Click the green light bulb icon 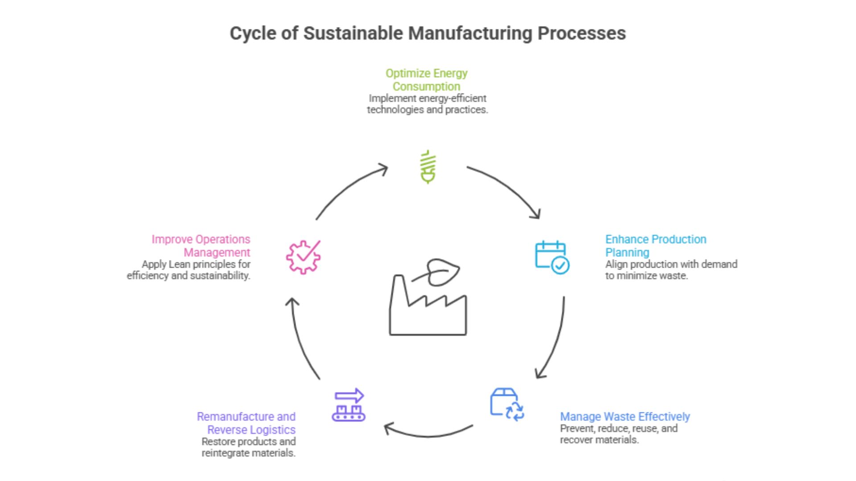(428, 167)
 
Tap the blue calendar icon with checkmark (551, 257)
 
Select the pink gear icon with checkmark (303, 257)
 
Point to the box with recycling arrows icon (506, 404)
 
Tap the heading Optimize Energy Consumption (427, 80)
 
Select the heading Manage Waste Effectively (625, 417)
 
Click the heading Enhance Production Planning (655, 246)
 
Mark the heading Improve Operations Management (201, 246)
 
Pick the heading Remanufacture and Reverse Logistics (247, 423)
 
